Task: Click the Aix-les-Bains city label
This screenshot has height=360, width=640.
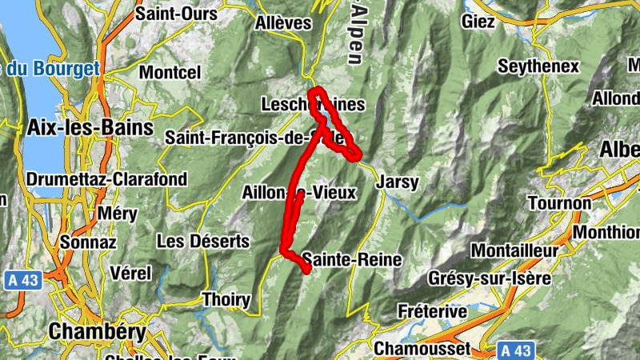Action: click(x=73, y=127)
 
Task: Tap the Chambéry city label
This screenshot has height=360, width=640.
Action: click(x=98, y=331)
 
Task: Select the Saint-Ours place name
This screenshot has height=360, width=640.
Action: click(x=177, y=14)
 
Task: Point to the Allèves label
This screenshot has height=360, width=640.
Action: click(x=282, y=23)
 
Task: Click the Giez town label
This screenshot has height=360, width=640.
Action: click(x=478, y=22)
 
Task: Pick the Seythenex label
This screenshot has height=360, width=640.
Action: click(x=538, y=66)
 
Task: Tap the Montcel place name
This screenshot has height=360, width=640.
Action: click(x=170, y=72)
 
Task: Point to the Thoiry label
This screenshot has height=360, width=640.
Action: click(x=226, y=301)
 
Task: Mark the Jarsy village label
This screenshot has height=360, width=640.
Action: click(x=397, y=182)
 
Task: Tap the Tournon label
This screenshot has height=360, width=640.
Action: click(x=559, y=203)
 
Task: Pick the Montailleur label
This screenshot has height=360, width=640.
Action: click(x=514, y=250)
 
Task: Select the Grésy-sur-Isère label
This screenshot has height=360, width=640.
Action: click(x=490, y=279)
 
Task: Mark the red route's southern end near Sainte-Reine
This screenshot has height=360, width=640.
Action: click(x=306, y=271)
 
